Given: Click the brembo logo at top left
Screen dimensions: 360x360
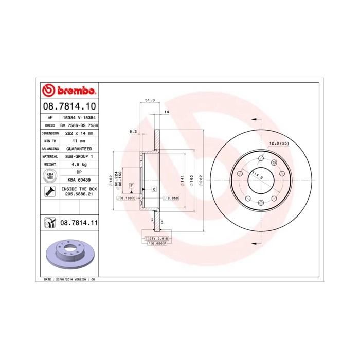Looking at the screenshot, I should coord(68,91).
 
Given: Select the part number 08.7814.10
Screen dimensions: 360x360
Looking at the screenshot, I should coord(68,106).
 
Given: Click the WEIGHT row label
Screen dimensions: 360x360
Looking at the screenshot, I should coord(50,165).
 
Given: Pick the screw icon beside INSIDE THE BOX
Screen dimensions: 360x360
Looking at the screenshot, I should coord(50,192).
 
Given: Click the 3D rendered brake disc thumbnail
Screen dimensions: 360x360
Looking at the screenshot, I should coord(68,255).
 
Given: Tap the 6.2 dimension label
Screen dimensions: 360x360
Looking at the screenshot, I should coord(133,131).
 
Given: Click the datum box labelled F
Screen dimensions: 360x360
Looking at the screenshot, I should coord(132,184).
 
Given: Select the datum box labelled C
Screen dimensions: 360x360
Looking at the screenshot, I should coord(154,189).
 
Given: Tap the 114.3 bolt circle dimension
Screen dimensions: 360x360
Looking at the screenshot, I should coord(256,176).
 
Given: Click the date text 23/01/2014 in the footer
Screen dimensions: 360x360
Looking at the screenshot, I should coord(63,279).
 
